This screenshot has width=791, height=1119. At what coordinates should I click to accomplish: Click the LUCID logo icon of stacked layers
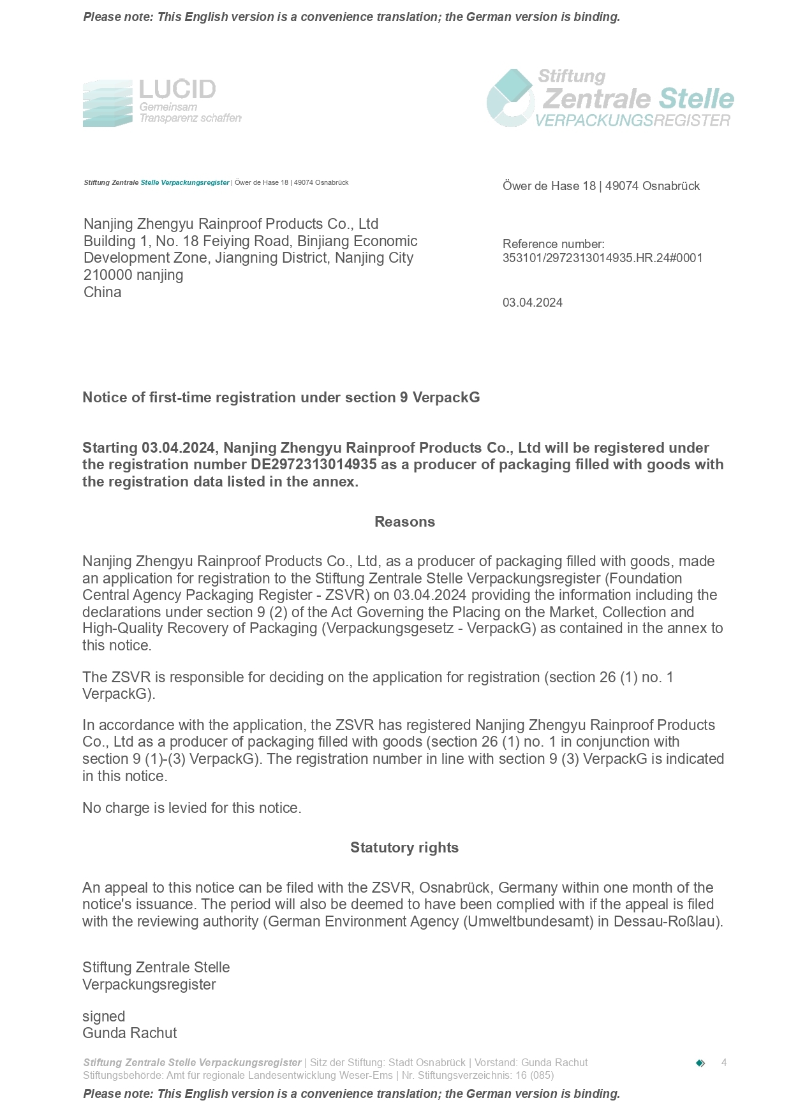(x=107, y=103)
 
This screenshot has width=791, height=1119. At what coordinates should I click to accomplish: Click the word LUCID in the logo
(x=177, y=89)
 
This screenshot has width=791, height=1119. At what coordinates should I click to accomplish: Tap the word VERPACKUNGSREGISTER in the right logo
(x=632, y=121)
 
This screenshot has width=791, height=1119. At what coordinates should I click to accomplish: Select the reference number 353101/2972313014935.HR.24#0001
(x=602, y=258)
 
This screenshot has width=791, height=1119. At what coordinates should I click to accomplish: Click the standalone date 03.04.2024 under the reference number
(x=532, y=303)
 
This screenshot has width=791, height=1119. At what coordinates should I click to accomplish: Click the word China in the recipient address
(x=102, y=292)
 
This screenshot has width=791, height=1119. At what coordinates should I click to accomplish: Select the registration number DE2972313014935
(x=313, y=464)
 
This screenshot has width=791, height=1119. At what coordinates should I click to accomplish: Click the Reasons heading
(x=404, y=522)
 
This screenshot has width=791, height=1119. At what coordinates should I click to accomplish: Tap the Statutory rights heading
(x=404, y=847)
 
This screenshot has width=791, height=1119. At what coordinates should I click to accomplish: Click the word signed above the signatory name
(x=103, y=1016)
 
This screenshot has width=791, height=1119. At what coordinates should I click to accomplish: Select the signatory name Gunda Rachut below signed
(x=129, y=1033)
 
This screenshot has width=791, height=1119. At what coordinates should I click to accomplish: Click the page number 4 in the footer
(x=723, y=1062)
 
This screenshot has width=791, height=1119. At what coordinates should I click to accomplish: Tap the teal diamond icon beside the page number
(x=700, y=1063)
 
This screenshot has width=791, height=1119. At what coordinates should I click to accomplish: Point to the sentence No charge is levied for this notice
(x=191, y=808)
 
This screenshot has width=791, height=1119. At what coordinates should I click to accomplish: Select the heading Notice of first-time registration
(x=281, y=397)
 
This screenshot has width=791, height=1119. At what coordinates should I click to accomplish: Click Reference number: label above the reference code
(x=553, y=244)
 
